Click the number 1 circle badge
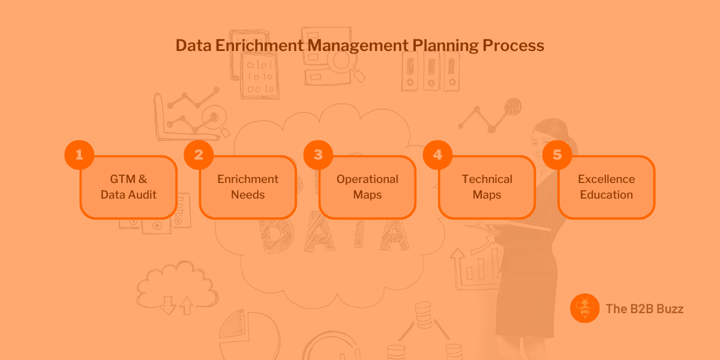point(79,155)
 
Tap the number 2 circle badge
point(199,155)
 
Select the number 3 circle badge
point(318,155)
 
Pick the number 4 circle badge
point(437,155)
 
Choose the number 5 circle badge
point(557,155)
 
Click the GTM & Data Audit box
point(128,187)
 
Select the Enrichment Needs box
point(248,187)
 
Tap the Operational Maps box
point(367,187)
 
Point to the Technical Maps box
point(487,187)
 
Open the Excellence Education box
point(606,187)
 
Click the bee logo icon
point(584,308)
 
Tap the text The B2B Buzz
point(644,309)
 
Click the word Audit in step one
point(143,194)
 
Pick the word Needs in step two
point(248,194)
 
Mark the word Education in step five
point(606,194)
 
